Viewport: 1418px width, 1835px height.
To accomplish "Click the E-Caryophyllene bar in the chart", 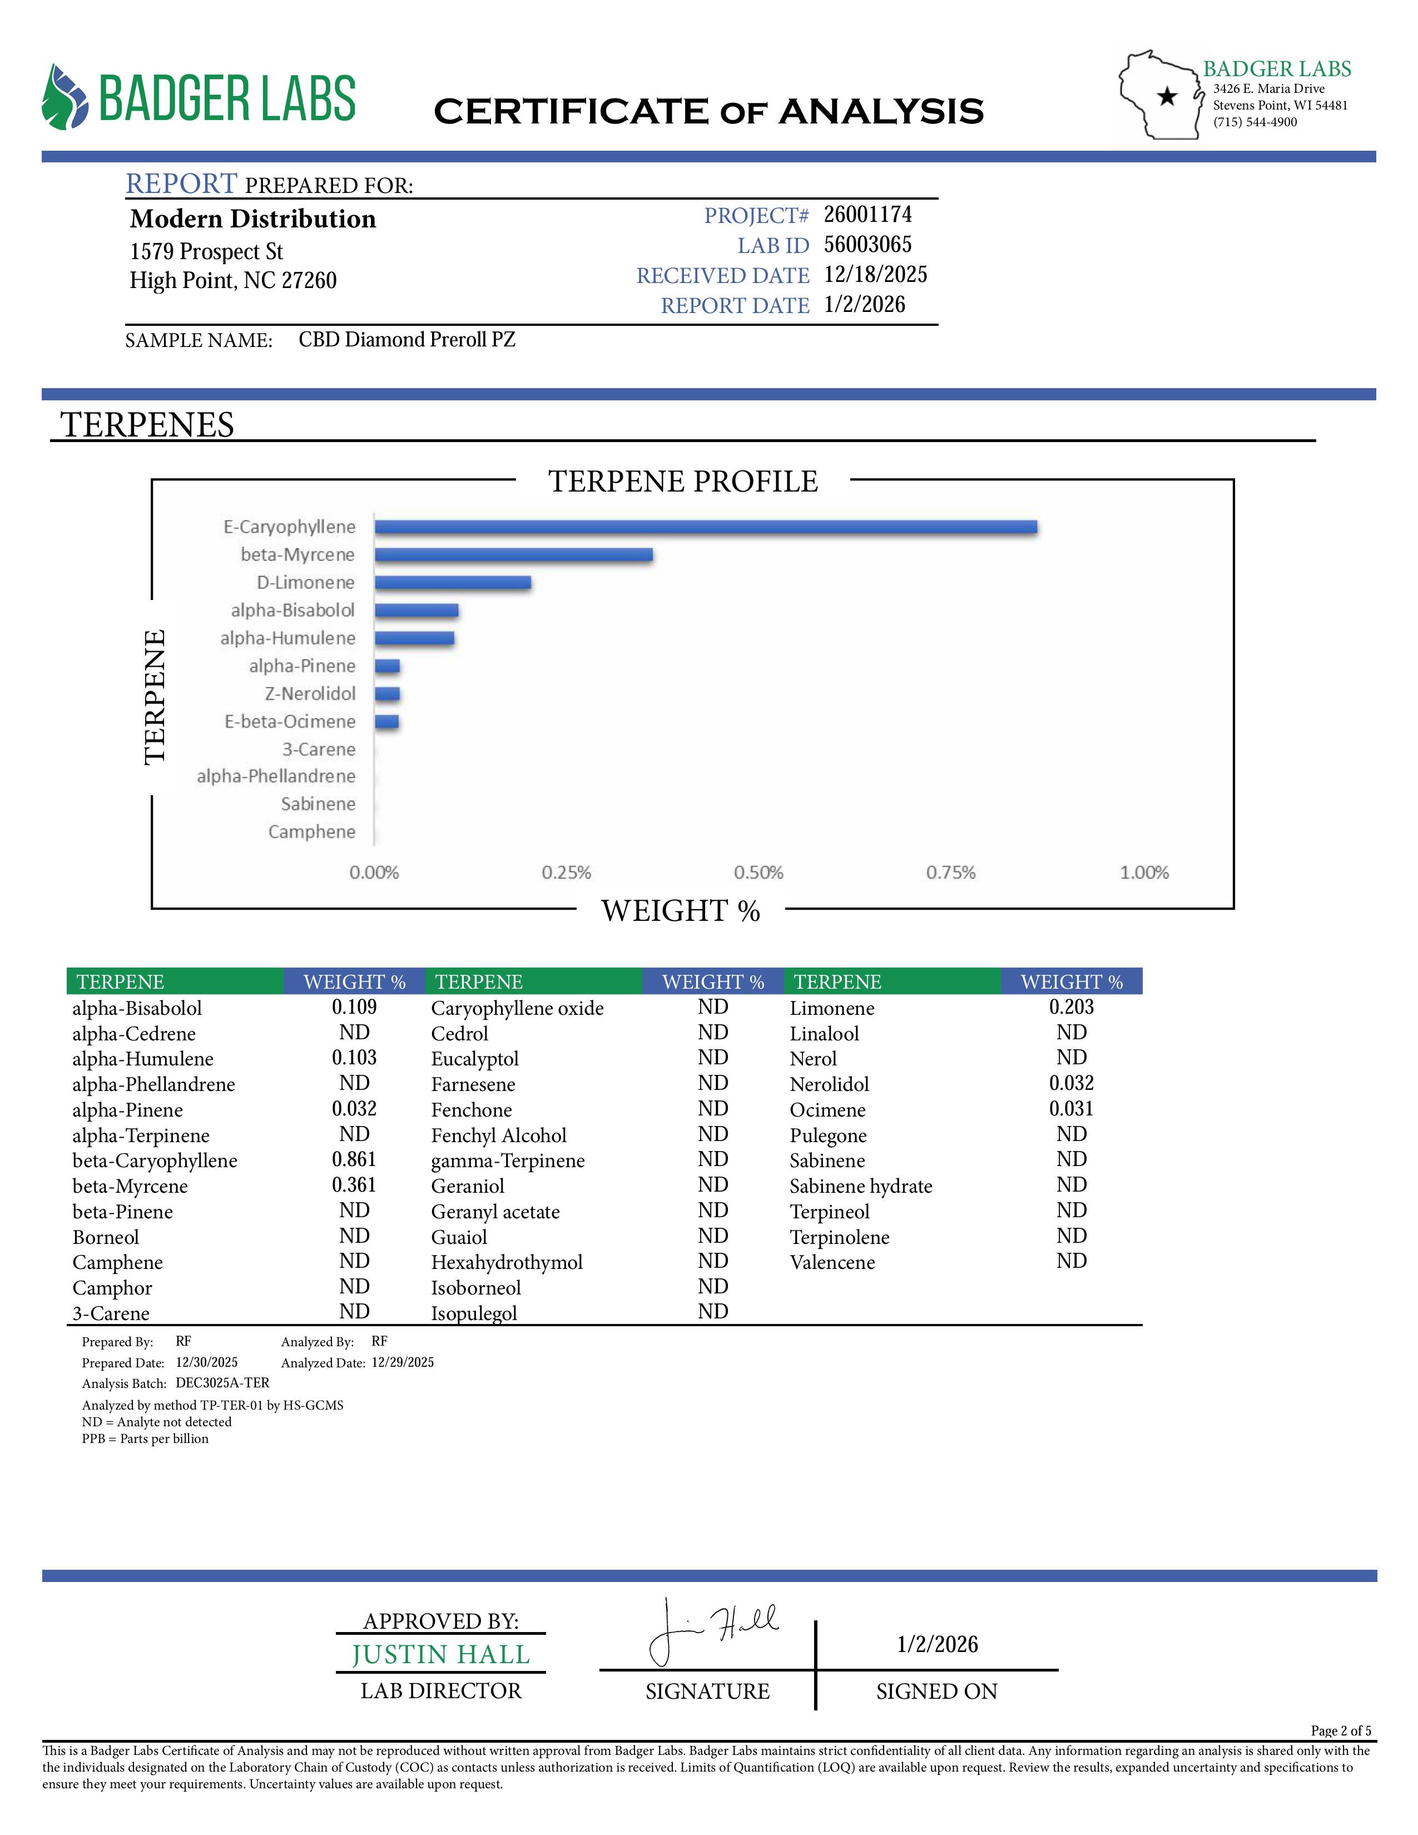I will coord(706,527).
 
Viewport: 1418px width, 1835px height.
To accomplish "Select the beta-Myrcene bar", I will coord(513,554).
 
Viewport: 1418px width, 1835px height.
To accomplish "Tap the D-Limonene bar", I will coord(453,582).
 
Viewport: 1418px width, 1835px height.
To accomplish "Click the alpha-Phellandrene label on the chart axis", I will coord(276,776).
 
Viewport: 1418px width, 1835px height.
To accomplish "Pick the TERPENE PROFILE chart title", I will coord(683,482).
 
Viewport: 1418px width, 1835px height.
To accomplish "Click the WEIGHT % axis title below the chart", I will coord(681,911).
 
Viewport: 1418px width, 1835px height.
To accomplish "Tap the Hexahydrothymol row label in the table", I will coord(507,1262).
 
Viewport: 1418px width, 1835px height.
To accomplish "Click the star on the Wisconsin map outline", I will coord(1167,97).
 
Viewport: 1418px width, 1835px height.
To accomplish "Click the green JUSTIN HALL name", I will coord(441,1654).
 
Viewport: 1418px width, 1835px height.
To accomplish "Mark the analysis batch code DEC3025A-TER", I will coord(222,1382).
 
